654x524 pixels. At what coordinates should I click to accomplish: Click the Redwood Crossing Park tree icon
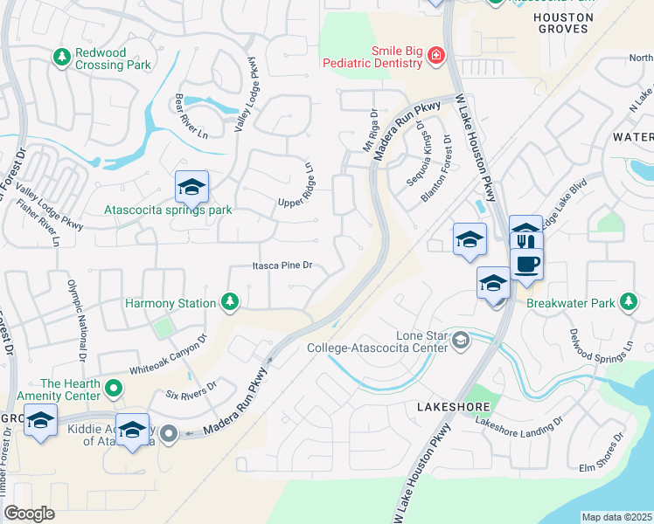coord(61,58)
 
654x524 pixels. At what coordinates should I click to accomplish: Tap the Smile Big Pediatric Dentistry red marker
coord(435,58)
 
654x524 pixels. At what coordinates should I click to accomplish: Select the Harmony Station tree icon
coord(230,302)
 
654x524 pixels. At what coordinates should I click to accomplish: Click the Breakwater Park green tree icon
coord(628,302)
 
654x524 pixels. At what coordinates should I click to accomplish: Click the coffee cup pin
coord(526,263)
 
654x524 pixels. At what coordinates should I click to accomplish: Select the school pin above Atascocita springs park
coord(191,187)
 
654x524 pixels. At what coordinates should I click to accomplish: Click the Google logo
coord(30,513)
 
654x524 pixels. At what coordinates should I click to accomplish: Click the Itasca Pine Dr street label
coord(282,265)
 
